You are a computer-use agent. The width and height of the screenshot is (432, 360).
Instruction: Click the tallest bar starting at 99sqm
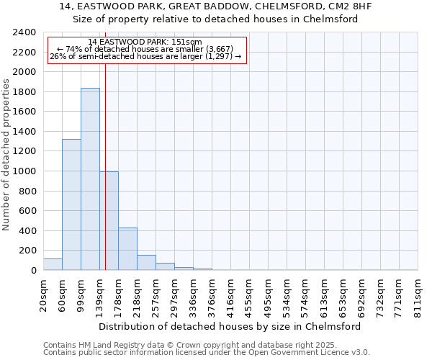click(90, 179)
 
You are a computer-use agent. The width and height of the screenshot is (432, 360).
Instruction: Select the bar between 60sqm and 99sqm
click(71, 204)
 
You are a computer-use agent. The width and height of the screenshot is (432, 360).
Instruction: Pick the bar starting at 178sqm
click(127, 249)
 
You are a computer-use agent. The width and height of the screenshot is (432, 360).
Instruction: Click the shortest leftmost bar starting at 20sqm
click(53, 264)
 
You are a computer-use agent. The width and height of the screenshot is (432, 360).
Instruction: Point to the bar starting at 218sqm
click(146, 263)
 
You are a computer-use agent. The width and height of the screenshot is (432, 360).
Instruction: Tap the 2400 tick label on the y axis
click(24, 32)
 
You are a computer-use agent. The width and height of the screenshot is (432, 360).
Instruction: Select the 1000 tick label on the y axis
click(24, 171)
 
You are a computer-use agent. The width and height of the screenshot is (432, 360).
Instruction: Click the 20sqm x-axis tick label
click(44, 295)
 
